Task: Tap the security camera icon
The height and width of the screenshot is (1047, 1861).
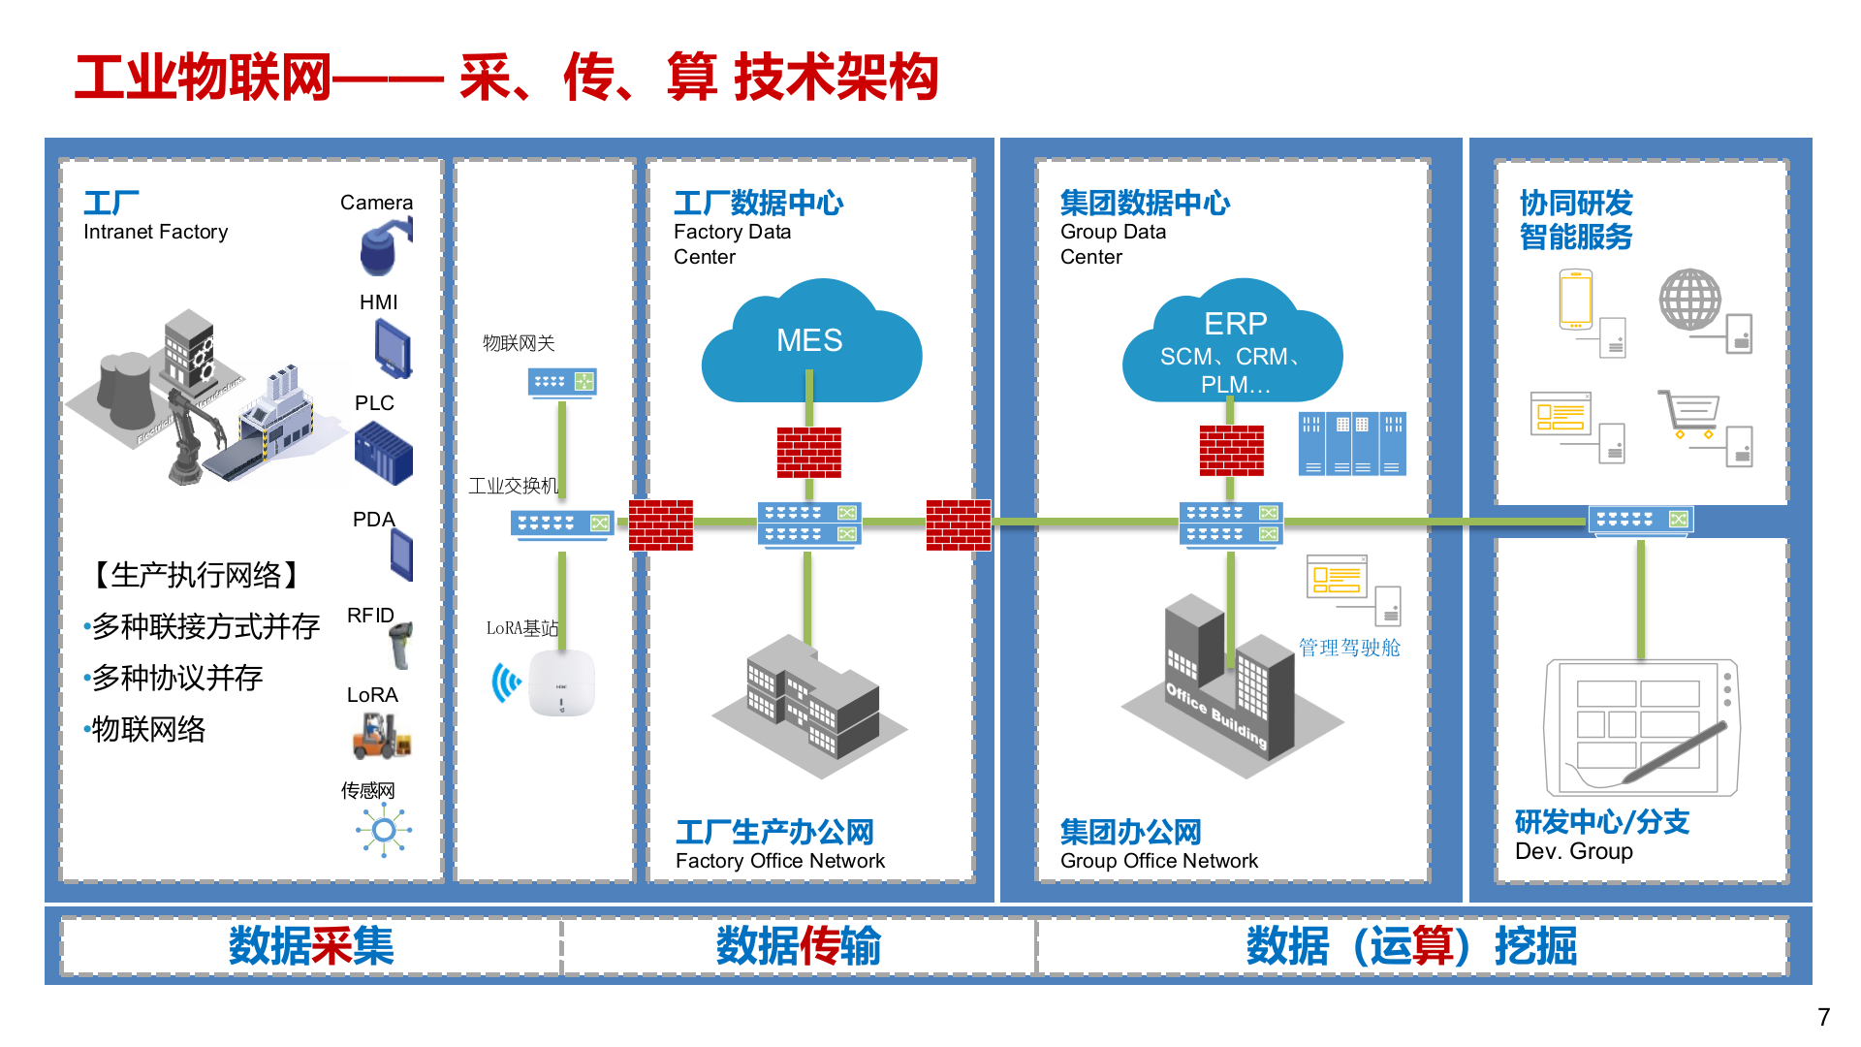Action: (385, 246)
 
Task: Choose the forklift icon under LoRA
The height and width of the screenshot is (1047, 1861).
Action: (380, 736)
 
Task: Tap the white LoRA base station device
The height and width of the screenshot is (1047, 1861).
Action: (561, 682)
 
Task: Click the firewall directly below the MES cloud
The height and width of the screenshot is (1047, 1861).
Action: (809, 453)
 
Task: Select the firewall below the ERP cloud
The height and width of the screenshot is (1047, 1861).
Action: (1231, 451)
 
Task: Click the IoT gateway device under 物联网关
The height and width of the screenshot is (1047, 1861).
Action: (562, 382)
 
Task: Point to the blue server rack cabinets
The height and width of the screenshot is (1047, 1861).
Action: (1351, 444)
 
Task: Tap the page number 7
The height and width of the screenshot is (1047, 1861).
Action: (1823, 1017)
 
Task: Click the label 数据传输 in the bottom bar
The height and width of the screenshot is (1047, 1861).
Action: (798, 946)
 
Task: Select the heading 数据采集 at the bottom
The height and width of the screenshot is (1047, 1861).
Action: (311, 946)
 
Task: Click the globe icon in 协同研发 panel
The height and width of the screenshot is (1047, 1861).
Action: (1689, 300)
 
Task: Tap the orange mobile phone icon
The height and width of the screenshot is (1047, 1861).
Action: (1576, 301)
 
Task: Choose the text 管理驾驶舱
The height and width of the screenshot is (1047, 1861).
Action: (1349, 648)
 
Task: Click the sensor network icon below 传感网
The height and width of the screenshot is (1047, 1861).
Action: (384, 831)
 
